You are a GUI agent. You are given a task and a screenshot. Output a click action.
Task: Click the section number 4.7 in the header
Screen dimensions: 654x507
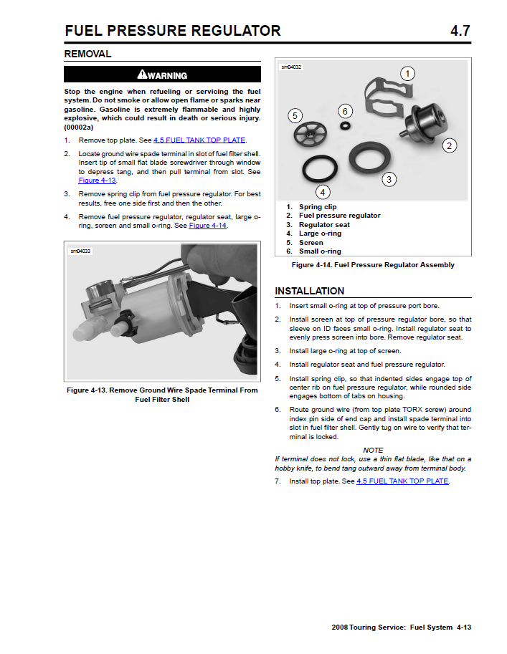(460, 31)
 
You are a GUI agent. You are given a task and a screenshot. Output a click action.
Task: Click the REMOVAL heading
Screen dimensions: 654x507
(87, 54)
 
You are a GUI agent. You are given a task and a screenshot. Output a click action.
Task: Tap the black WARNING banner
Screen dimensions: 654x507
(162, 74)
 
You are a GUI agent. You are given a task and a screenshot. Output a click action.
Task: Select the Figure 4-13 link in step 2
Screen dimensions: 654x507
(90, 181)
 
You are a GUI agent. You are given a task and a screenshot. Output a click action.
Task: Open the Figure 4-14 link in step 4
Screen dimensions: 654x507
(207, 226)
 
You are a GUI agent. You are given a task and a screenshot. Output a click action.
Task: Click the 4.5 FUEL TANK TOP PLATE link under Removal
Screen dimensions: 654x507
(199, 140)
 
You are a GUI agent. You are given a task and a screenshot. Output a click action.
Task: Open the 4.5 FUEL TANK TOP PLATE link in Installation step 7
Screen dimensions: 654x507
(402, 481)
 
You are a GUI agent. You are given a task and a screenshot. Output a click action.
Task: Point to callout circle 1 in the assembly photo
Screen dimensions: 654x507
(407, 74)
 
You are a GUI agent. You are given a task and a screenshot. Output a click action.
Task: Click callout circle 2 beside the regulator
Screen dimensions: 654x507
(450, 146)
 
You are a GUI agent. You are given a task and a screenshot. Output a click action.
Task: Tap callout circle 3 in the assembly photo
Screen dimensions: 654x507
(389, 180)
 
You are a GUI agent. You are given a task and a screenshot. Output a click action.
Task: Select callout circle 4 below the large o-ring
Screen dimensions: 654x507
(323, 192)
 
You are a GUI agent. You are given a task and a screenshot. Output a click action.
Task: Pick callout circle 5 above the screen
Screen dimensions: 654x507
(295, 115)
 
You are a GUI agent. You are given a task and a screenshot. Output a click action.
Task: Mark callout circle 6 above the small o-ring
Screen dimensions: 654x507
(345, 111)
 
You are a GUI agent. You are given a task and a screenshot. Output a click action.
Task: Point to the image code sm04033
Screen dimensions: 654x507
(80, 251)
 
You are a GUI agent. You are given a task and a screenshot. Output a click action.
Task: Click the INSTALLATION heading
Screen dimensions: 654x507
(309, 291)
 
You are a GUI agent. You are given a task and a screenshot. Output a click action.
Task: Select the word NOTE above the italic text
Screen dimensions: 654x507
(373, 450)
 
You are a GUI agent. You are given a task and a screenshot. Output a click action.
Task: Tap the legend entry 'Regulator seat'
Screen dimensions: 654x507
(324, 224)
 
